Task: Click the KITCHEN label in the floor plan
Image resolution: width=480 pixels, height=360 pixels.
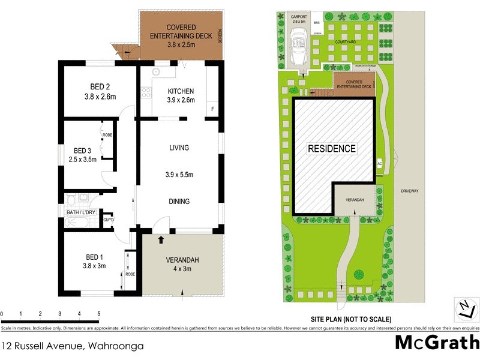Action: click(181, 91)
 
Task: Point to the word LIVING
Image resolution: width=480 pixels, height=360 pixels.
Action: click(179, 148)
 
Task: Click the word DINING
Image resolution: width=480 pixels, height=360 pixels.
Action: click(179, 202)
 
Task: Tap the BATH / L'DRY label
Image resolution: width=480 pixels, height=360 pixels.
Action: click(80, 212)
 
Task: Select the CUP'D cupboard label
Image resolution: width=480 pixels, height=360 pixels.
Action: click(109, 220)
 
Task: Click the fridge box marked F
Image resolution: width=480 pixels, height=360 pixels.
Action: click(212, 109)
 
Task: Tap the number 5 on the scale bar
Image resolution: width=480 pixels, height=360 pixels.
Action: click(98, 314)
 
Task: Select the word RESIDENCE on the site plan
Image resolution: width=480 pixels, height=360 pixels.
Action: click(332, 149)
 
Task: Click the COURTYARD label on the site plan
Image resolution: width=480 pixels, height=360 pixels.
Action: click(347, 43)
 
